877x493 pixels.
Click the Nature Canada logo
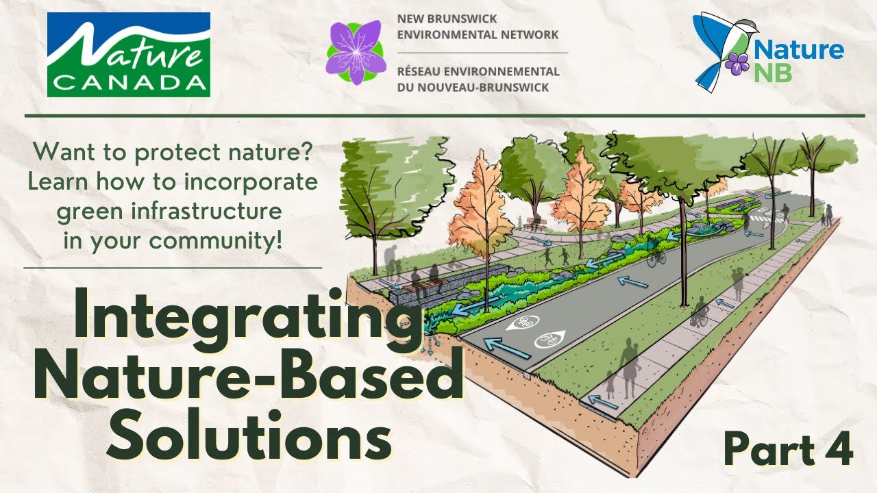pyautogui.click(x=128, y=54)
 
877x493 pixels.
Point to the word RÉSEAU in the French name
pyautogui.click(x=423, y=71)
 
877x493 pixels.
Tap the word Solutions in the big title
pyautogui.click(x=250, y=433)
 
